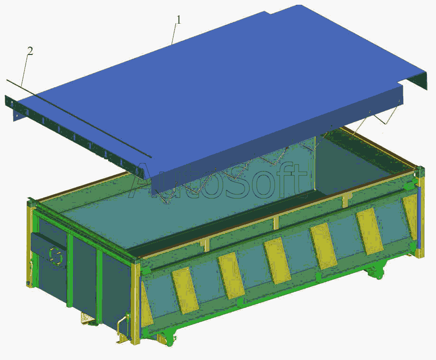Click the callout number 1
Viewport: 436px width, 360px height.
179,20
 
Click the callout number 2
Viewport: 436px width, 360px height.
30,51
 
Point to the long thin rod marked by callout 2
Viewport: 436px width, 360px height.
79,119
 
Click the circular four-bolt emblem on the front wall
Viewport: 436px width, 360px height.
55,255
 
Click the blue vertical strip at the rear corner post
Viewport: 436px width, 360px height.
419,217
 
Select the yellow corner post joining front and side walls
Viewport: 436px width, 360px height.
136,304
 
